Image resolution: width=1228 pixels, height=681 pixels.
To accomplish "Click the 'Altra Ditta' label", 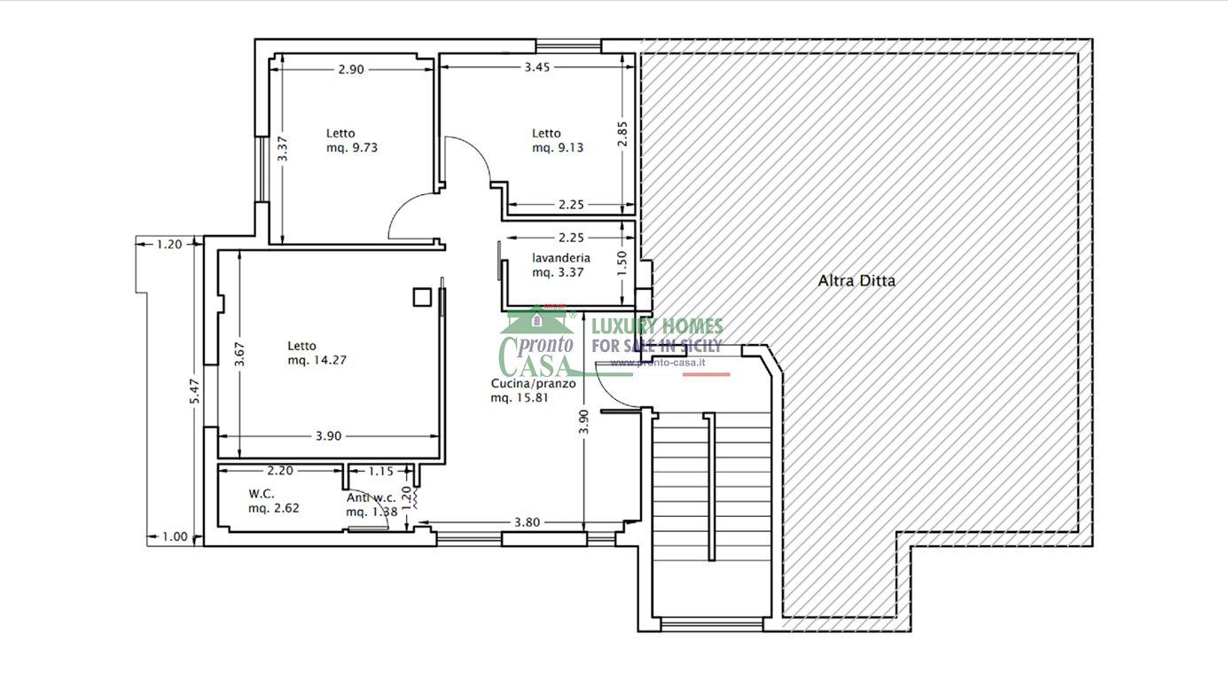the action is [x=856, y=281].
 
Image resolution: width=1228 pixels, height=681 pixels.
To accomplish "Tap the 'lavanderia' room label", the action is [x=561, y=258].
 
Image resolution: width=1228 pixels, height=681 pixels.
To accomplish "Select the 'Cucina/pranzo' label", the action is [x=534, y=383].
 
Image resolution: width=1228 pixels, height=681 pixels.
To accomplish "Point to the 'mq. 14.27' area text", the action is [x=317, y=360].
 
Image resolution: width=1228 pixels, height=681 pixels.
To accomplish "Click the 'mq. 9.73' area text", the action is [x=352, y=147].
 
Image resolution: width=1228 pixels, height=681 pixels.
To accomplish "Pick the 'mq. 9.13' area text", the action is [x=558, y=147].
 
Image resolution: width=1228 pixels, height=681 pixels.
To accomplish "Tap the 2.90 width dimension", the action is [x=351, y=70].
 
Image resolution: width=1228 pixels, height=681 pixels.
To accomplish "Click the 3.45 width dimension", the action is [x=536, y=67].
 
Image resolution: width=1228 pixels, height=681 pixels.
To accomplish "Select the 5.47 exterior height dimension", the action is [x=194, y=392].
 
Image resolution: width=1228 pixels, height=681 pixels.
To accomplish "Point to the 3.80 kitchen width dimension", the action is [x=527, y=522].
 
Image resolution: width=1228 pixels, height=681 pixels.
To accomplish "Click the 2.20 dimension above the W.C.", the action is [x=280, y=471].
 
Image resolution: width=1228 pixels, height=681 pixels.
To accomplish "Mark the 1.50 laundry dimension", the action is [x=622, y=263].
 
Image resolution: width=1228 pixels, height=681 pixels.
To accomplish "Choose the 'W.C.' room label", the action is [x=261, y=494].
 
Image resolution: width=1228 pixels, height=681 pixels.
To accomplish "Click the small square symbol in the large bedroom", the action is [x=422, y=297].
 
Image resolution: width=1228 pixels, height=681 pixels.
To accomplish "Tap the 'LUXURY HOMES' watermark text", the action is [x=657, y=327].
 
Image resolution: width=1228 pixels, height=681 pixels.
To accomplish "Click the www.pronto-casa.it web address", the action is [x=658, y=363].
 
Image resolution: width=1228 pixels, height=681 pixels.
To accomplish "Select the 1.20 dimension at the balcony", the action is [x=168, y=245].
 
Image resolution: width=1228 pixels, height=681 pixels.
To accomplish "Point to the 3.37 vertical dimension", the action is [x=282, y=149].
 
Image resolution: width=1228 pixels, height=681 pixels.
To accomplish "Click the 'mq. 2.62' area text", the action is [x=274, y=508].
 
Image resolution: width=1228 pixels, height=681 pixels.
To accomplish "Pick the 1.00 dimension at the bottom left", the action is [x=175, y=536].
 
